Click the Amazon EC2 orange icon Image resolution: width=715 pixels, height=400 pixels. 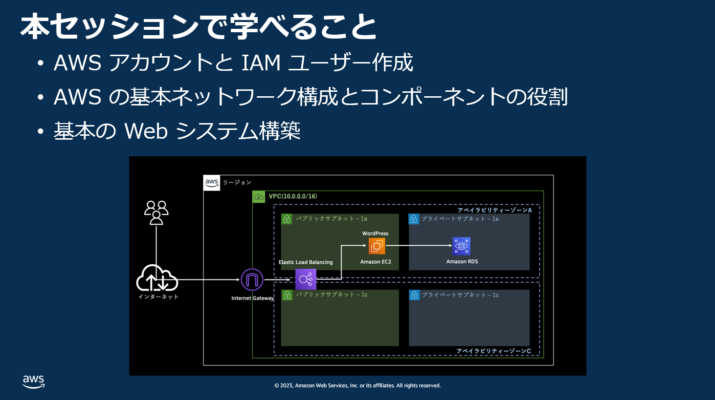[x=377, y=246]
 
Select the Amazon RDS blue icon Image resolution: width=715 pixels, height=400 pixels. [x=461, y=246]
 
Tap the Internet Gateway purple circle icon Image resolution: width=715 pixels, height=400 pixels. [x=252, y=280]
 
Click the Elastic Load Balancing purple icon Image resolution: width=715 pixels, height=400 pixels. [x=306, y=279]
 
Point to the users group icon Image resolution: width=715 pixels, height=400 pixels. [x=156, y=212]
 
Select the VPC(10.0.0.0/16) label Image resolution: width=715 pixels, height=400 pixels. [x=292, y=196]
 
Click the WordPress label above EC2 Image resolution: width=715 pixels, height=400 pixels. [x=375, y=233]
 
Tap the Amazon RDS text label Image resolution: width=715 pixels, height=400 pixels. [x=462, y=262]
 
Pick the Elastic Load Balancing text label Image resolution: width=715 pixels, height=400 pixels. [x=306, y=262]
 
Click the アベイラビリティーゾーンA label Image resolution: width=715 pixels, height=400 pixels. [x=494, y=210]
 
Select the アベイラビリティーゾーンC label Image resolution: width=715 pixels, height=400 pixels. [x=493, y=351]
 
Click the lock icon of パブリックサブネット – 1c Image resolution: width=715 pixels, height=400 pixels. [x=287, y=295]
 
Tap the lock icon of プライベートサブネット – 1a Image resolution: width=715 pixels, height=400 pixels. [x=414, y=219]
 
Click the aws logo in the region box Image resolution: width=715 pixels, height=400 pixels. [x=212, y=183]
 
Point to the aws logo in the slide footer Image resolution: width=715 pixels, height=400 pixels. [x=34, y=381]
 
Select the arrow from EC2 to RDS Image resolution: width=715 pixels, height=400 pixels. [x=419, y=246]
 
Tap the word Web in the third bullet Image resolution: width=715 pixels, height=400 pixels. [x=146, y=131]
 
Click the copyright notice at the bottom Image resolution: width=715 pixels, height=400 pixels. [x=357, y=385]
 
